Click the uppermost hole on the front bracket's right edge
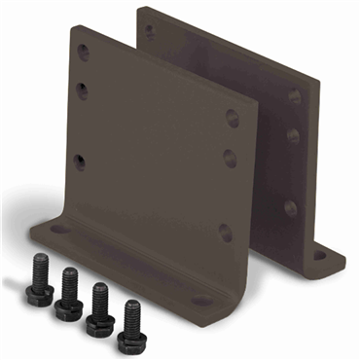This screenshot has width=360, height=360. pos(233,119)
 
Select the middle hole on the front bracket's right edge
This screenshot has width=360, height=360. pos(230,158)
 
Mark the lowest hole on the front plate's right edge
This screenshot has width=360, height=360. pos(226,232)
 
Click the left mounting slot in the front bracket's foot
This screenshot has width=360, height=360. pos(60,230)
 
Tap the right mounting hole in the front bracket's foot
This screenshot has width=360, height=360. pos(200,301)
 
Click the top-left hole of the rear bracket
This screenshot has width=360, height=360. pos(150,30)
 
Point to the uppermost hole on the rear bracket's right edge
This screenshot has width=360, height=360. pos(294,97)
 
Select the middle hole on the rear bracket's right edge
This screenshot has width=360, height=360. pos(292,136)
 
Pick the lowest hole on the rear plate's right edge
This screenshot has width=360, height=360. pos(290,207)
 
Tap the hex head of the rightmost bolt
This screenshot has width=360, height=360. pos(128,340)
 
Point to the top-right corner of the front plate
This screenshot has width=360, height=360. pos(256,100)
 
